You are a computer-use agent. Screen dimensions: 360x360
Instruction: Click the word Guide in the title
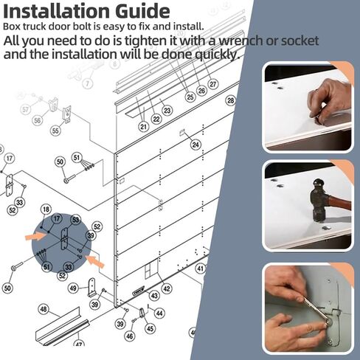pos(142,11)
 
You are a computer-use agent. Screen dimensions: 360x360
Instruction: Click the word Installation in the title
pos(57,11)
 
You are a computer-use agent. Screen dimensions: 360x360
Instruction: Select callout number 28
pos(230,100)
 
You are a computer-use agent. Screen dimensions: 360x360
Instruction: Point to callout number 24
pos(195,145)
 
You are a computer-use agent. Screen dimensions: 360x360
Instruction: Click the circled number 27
pos(213,84)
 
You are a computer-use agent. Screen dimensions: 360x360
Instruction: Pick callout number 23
pos(167,111)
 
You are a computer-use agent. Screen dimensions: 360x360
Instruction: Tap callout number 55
pos(55,131)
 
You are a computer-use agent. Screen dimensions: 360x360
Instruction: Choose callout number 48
pos(44,309)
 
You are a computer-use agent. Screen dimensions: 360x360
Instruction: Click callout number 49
pos(73,288)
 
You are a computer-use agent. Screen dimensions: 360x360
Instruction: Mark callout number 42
pos(167,288)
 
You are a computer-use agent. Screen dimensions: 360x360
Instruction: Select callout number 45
pos(150,328)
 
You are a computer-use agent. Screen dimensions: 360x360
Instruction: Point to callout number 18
pos(46,210)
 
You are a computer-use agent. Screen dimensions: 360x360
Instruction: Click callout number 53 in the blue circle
pos(75,220)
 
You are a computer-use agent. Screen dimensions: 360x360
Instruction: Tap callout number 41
pos(201,269)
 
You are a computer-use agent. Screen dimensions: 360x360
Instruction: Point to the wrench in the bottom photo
pos(316,311)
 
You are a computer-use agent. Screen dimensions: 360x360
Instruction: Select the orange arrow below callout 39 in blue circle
pos(94,261)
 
